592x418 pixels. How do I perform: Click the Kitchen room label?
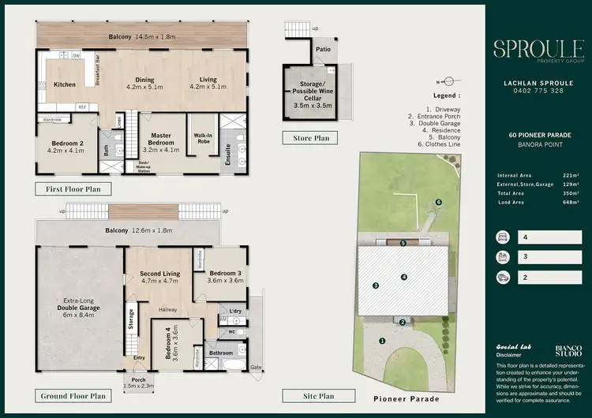click(64, 84)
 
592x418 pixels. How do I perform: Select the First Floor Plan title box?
click(73, 188)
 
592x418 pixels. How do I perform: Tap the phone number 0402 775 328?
click(537, 91)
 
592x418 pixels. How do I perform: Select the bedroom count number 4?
click(523, 237)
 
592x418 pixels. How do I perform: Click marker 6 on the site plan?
click(438, 203)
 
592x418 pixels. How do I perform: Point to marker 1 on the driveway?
click(383, 341)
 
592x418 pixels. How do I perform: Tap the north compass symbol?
click(446, 80)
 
